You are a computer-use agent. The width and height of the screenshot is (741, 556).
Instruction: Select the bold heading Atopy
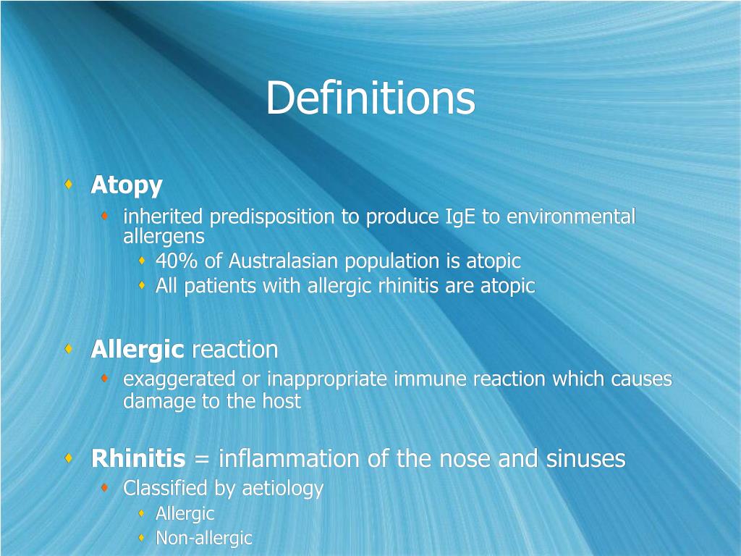click(x=127, y=185)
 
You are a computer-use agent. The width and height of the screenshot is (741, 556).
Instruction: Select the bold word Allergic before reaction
click(x=137, y=350)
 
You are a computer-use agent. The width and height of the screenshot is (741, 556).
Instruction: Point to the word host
click(x=283, y=402)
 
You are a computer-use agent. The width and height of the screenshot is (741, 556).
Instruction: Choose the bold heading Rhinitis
click(x=138, y=459)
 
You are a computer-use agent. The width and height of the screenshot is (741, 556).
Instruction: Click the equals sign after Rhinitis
click(x=202, y=460)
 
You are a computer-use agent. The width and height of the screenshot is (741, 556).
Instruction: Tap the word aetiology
click(x=282, y=489)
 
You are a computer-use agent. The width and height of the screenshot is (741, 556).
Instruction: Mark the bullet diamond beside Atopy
click(x=68, y=185)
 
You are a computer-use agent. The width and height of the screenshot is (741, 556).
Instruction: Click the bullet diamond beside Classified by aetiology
click(x=106, y=489)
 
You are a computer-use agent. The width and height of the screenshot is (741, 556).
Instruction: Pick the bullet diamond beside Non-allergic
click(x=142, y=538)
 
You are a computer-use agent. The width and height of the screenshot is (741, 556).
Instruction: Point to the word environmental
click(x=571, y=217)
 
